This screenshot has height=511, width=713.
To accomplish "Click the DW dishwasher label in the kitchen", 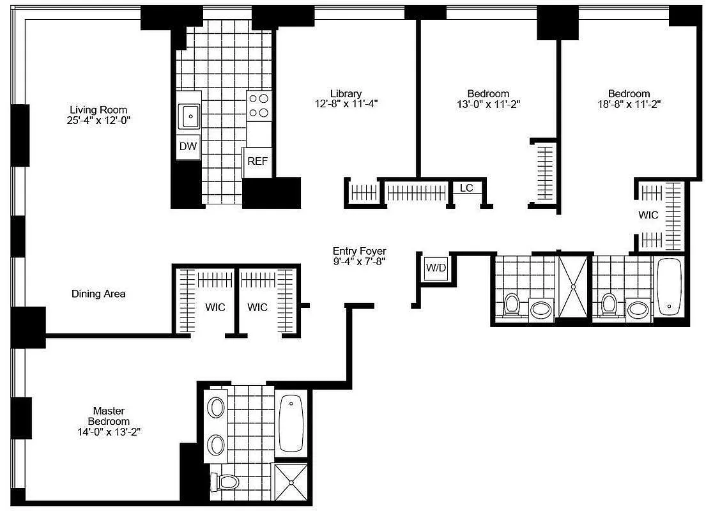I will tap(188, 146).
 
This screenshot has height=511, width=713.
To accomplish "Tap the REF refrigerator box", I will tap(257, 161).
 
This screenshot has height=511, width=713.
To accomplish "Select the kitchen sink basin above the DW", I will tap(190, 116).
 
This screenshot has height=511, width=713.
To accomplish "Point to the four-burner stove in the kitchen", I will tap(258, 106).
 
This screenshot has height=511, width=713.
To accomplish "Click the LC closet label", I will tap(466, 188).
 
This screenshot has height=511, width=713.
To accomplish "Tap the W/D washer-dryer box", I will tap(436, 268).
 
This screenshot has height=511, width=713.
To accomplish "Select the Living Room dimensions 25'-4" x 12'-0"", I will tap(98, 119).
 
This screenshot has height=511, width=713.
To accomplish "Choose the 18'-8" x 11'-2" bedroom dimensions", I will tap(629, 104).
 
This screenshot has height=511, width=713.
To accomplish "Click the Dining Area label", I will tap(98, 294).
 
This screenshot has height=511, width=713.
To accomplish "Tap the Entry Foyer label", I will tap(359, 251).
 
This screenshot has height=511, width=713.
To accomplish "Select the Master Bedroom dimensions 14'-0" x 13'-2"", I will tap(108, 432).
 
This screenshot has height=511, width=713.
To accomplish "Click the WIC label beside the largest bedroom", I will tap(648, 215).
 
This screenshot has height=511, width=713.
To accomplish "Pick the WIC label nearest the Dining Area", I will tap(215, 307).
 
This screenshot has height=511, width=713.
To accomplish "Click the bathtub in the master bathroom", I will tap(291, 422).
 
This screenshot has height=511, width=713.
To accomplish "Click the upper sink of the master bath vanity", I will tap(217, 408).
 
